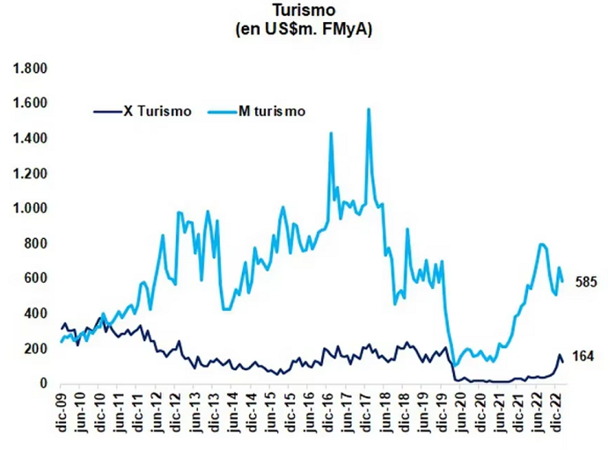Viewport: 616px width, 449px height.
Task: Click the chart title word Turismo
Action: (304, 11)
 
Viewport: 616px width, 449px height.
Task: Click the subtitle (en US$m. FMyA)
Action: (304, 29)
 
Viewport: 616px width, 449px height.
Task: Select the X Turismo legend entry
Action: (143, 112)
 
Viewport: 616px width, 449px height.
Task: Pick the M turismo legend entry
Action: (257, 112)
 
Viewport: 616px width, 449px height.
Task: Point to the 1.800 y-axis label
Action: (30, 69)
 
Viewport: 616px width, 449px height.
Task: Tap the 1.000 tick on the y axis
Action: (30, 208)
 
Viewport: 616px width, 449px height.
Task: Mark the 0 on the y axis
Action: (43, 383)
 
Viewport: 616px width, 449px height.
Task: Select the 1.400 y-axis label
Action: (30, 139)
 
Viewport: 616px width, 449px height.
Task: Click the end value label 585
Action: (586, 282)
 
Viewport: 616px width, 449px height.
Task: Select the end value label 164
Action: (583, 357)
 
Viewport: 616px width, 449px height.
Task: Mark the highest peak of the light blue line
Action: (369, 109)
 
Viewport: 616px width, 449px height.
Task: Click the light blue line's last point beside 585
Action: (563, 281)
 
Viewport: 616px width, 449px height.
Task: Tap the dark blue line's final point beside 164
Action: (563, 361)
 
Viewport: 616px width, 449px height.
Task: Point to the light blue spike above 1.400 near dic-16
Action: (331, 133)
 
